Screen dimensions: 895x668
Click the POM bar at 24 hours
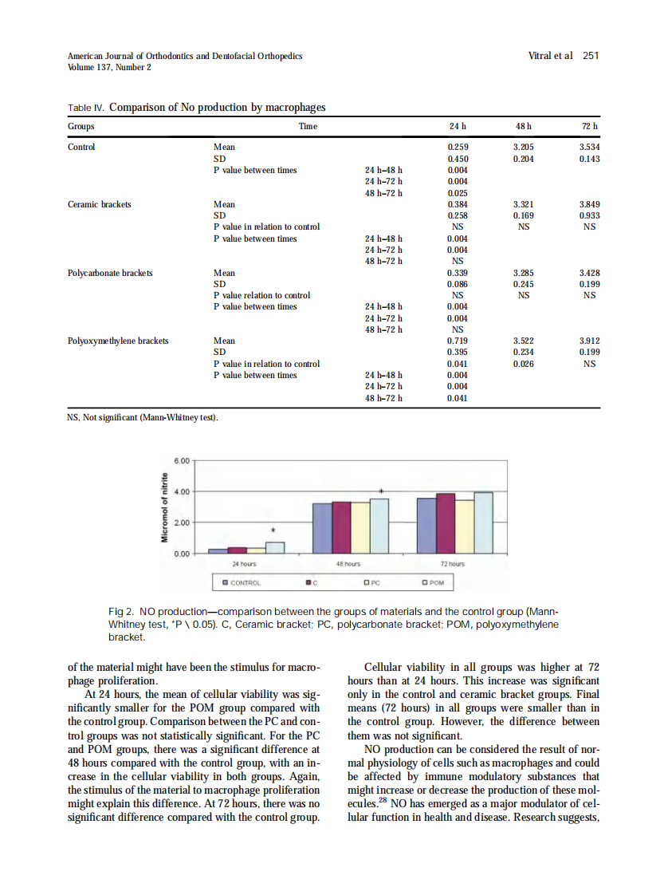coord(275,547)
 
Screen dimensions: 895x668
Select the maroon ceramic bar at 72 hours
coord(446,522)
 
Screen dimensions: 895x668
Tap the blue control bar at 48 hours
coord(322,527)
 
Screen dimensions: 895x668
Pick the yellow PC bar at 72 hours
coord(465,526)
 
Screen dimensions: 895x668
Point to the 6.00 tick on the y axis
coord(182,461)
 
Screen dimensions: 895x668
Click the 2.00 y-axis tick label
coord(182,522)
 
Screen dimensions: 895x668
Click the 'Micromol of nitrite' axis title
coord(165,507)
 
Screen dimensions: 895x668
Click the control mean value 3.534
coord(589,148)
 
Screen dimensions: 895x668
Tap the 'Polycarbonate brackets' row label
coord(111,273)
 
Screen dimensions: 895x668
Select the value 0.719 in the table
coord(458,341)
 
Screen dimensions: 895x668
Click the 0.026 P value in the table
coord(523,364)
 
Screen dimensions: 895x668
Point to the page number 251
coord(590,56)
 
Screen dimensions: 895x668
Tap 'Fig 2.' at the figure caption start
coord(121,611)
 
